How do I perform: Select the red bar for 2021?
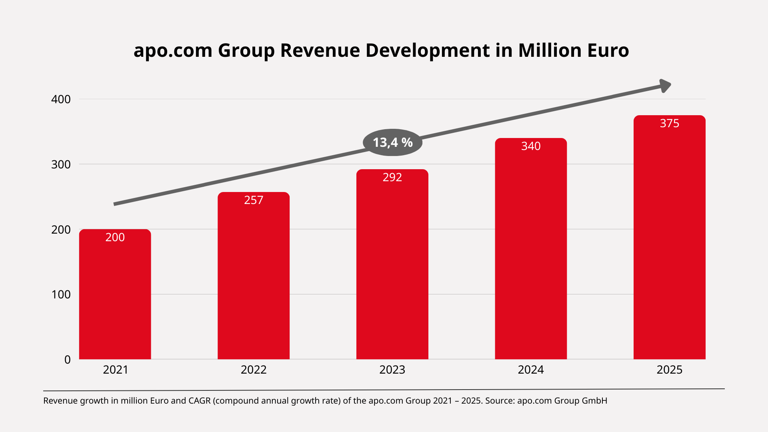point(115,296)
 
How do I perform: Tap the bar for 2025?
point(669,240)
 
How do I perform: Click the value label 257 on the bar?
point(254,200)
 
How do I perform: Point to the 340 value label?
point(531,146)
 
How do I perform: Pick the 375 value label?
point(669,123)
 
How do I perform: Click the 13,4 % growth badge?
point(392,142)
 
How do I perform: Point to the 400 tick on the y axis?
point(61,99)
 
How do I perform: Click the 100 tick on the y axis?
point(61,294)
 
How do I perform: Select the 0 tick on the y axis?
point(67,360)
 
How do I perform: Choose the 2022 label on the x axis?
point(254,370)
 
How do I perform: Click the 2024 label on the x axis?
point(531,370)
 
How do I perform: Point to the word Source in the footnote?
point(499,401)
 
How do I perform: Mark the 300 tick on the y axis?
point(61,164)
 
